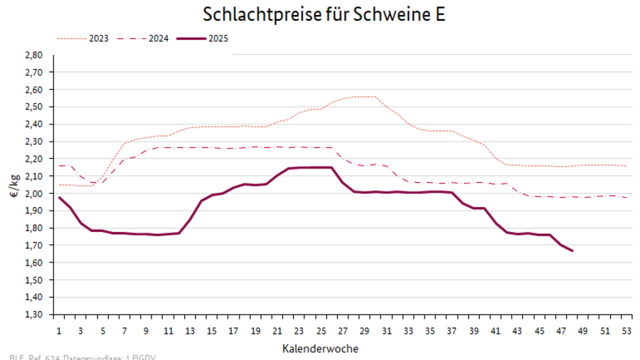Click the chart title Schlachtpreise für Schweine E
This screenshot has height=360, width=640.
coord(324,14)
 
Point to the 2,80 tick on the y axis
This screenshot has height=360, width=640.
coord(34,55)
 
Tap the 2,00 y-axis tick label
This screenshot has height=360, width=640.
coord(34,194)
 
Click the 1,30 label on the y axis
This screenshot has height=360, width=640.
coord(34,314)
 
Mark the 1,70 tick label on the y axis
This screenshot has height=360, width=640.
coord(34,245)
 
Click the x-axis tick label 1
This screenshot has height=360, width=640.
coord(59,331)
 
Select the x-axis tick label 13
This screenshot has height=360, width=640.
coord(190,331)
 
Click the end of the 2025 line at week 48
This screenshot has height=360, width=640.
coord(572,250)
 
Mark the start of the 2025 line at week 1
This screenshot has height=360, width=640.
coord(59,197)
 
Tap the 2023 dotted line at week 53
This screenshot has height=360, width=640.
coord(625,166)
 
